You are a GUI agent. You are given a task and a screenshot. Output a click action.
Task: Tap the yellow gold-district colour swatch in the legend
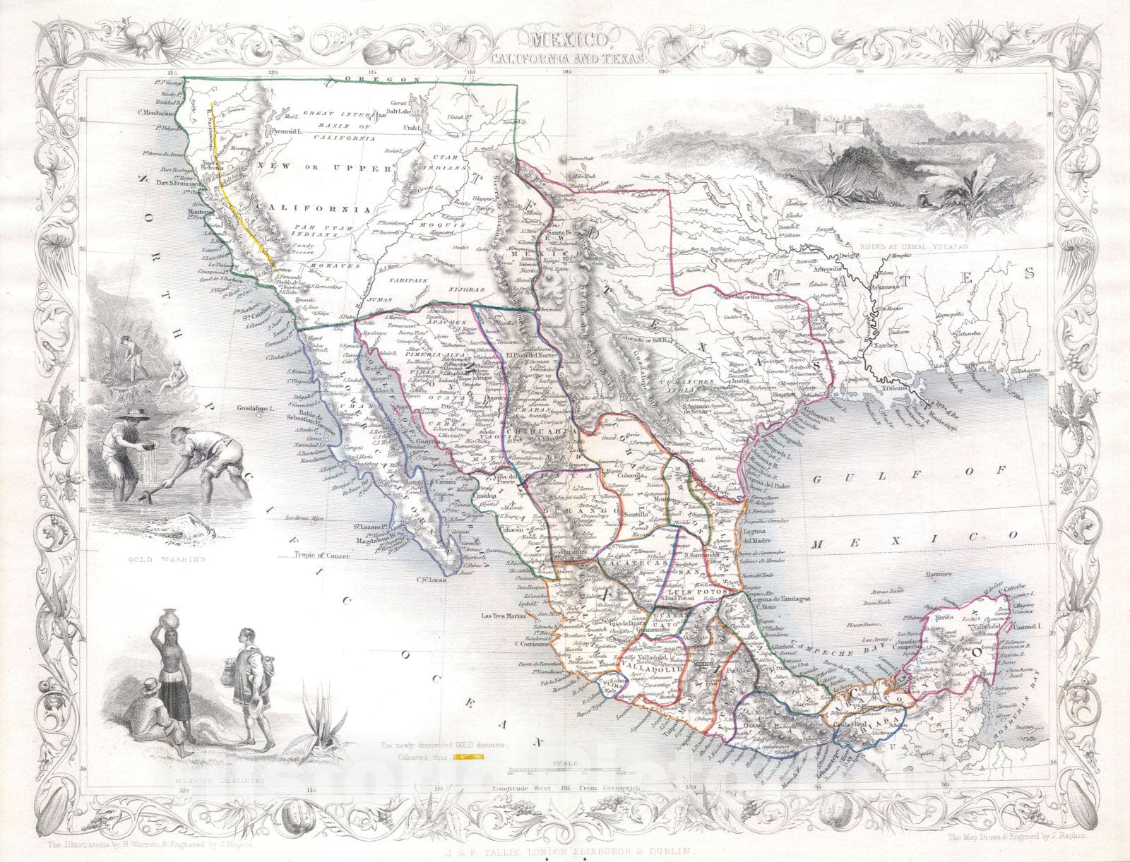468,755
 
